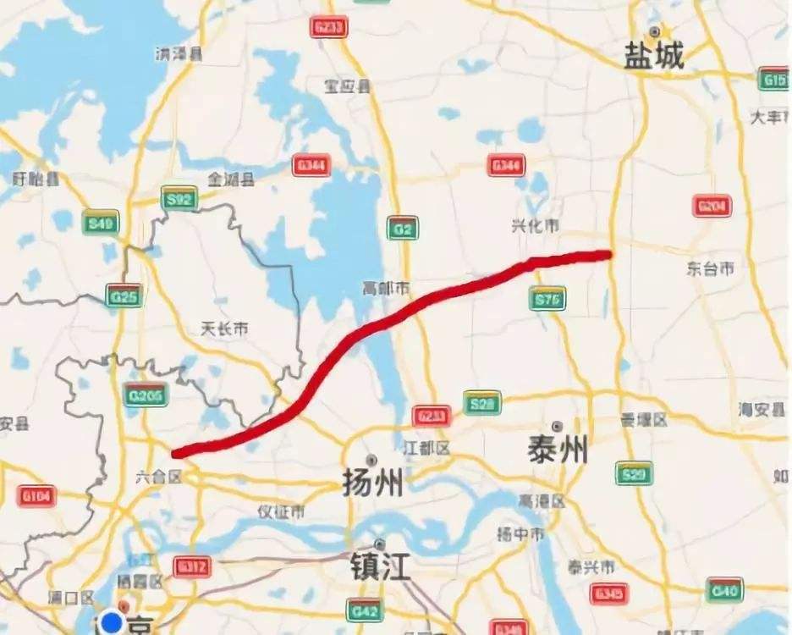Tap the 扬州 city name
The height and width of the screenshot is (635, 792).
(x=372, y=483)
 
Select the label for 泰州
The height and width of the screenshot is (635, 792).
(x=557, y=450)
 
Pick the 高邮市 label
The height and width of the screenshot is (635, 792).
(x=386, y=290)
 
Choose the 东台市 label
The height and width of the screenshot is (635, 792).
(x=710, y=269)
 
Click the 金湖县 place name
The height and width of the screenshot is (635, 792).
(x=232, y=179)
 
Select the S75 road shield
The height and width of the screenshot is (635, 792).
(x=547, y=298)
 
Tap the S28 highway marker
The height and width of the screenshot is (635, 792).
(x=482, y=404)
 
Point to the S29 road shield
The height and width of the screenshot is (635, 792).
(x=634, y=473)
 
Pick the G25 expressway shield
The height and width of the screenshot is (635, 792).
(x=124, y=295)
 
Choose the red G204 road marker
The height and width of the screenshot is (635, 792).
(x=712, y=206)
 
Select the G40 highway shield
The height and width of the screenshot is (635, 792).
(x=725, y=589)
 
